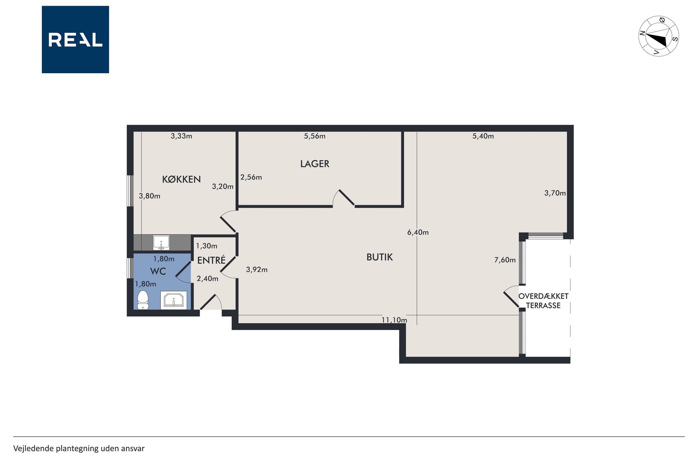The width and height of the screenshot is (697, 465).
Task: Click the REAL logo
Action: coord(75,39)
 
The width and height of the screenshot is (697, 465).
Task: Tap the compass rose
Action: coord(658,36)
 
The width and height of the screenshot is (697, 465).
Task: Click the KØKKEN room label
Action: coord(181,179)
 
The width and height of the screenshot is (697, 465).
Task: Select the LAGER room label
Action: coord(314,164)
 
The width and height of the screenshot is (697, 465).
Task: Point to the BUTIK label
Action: coord(379,257)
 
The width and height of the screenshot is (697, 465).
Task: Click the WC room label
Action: coord(158,271)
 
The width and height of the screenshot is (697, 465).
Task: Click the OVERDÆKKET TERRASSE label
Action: coord(543,301)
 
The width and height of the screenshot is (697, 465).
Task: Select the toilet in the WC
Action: coord(143,300)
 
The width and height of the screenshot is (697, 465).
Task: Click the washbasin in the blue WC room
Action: coord(174,300)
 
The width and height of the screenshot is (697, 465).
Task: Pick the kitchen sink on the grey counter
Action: coord(161,243)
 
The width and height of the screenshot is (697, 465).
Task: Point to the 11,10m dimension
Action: coord(394,320)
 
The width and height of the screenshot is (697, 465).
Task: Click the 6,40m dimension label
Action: coord(418,232)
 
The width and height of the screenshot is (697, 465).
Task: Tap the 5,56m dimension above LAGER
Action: coord(314,136)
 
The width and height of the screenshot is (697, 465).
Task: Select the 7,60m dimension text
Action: coord(505,260)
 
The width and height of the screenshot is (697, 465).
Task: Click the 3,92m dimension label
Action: coord(257,270)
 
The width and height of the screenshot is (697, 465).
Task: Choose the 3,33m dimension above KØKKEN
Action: coord(181,136)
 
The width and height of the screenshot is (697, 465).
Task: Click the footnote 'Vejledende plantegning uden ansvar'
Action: coord(79,448)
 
